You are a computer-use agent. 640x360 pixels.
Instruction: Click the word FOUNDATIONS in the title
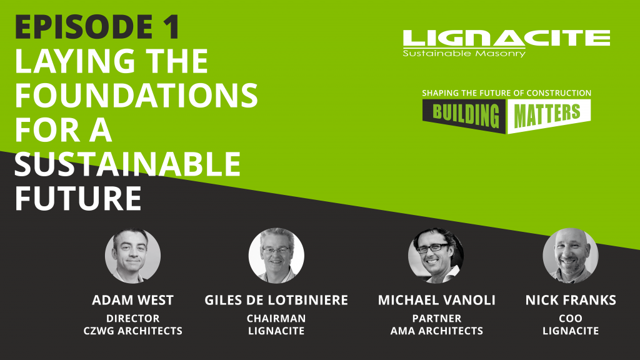(136, 96)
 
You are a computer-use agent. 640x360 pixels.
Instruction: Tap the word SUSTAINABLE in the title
(127, 164)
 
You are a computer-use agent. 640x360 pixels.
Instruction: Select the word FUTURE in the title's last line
(78, 198)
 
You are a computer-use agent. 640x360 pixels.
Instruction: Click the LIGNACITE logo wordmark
(506, 38)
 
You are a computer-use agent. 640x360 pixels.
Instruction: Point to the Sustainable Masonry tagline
(464, 53)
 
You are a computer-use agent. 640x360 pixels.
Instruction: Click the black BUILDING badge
(464, 115)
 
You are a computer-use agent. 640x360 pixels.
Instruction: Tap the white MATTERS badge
(549, 115)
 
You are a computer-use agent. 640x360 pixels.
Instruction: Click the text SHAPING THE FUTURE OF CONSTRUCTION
(506, 93)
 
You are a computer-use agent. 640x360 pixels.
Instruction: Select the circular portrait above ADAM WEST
(132, 256)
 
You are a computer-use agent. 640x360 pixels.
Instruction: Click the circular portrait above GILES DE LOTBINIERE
(276, 256)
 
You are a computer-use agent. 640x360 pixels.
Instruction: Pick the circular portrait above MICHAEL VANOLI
(436, 256)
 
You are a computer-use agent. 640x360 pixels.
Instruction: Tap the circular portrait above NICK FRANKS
(571, 256)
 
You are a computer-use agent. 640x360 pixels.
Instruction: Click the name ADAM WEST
(132, 300)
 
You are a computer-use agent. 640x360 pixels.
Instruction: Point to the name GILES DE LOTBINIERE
(276, 300)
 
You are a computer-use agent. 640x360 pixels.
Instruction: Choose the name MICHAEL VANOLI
(436, 300)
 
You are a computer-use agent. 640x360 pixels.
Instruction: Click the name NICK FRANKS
(571, 300)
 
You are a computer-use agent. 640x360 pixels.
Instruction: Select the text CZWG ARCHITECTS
(132, 331)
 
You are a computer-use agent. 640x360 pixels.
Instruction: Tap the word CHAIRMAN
(276, 318)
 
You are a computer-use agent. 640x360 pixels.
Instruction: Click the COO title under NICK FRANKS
(571, 318)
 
